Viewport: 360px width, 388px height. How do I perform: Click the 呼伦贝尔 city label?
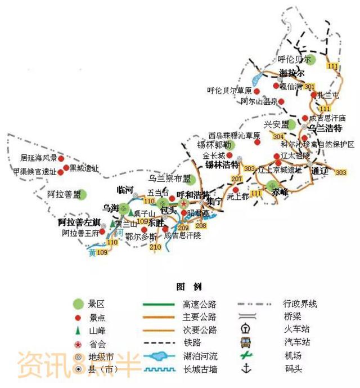point(292,59)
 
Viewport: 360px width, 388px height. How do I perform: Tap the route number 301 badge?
point(309,87)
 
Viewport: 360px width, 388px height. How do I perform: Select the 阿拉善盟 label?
point(63,194)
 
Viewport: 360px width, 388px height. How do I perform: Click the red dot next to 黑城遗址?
point(66,168)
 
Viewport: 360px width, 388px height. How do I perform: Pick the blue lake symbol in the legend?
point(160,356)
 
